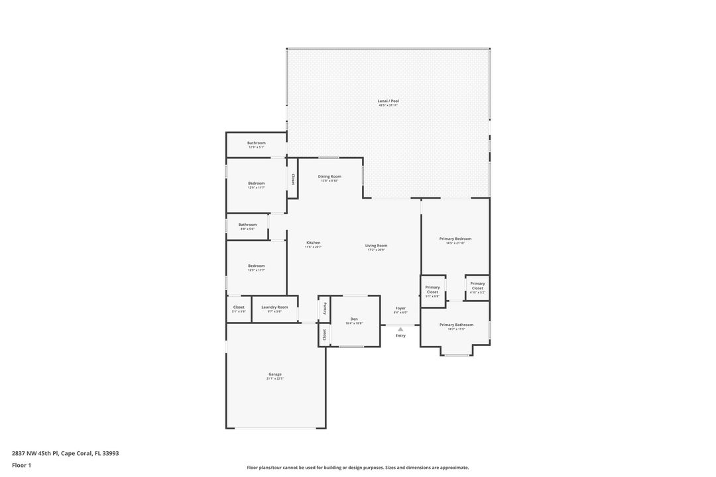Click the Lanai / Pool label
pos(388,101)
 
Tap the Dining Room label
pos(329,176)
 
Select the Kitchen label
pos(314,242)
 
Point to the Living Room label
pos(376,246)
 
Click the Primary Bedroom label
pos(455,238)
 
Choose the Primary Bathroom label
pos(456,325)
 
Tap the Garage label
pos(275,374)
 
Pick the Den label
pos(354,319)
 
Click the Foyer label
pos(400,308)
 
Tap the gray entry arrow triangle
pos(400,329)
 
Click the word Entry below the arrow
pos(400,336)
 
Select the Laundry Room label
pos(274,307)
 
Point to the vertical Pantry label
pos(325,308)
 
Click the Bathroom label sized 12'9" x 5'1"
pos(257,143)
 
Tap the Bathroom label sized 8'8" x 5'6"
pos(247,225)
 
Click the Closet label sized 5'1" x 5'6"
pos(239,307)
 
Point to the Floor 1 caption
pos(21,465)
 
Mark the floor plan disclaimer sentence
pos(357,468)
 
